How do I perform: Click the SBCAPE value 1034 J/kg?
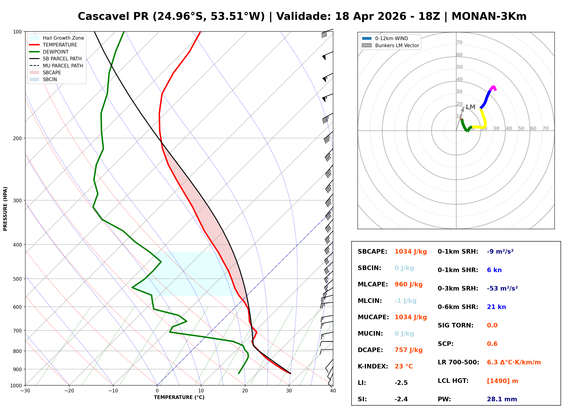tap(410, 252)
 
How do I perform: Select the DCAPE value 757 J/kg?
tap(408, 350)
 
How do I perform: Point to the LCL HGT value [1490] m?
tap(502, 381)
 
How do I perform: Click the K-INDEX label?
tap(372, 366)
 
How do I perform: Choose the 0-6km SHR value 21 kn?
tap(496, 307)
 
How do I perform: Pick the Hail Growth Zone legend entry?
tap(63, 38)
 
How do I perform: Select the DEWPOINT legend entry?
tap(56, 52)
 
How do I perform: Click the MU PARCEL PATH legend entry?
tap(63, 66)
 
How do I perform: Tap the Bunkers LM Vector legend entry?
tap(397, 45)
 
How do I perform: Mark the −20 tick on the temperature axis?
tap(69, 391)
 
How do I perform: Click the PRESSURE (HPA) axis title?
tap(5, 208)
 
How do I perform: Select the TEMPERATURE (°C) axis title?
tap(179, 397)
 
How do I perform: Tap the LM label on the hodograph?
tap(470, 107)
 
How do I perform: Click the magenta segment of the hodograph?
tap(493, 88)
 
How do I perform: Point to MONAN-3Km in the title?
tap(489, 16)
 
